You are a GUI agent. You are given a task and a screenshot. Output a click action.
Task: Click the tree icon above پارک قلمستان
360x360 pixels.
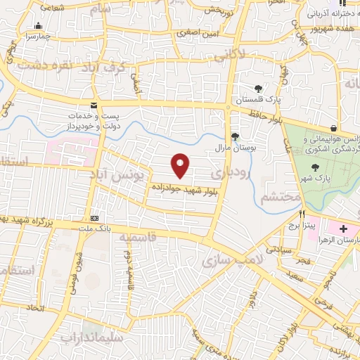(258, 89)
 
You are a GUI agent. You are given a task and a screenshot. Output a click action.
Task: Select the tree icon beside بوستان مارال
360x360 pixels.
(235, 136)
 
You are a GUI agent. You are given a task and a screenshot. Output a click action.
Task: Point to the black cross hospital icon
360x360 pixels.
(343, 229)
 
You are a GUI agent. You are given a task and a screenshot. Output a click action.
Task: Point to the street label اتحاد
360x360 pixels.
(34, 308)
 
